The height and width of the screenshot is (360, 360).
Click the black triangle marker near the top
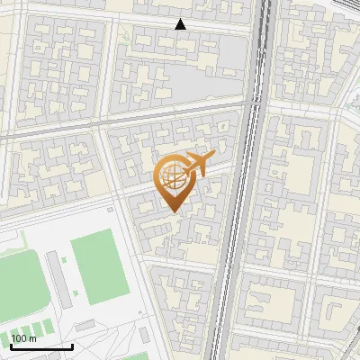point(181,24)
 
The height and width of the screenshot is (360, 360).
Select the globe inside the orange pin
point(174,179)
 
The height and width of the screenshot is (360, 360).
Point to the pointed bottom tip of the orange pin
point(173,211)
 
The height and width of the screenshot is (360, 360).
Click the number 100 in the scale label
point(20,339)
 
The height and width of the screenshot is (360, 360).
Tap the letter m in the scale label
point(33,339)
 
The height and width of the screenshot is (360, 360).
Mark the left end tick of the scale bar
point(10,346)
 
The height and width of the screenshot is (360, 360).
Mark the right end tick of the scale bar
point(72,346)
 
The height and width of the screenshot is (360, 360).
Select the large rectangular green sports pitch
point(96,262)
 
